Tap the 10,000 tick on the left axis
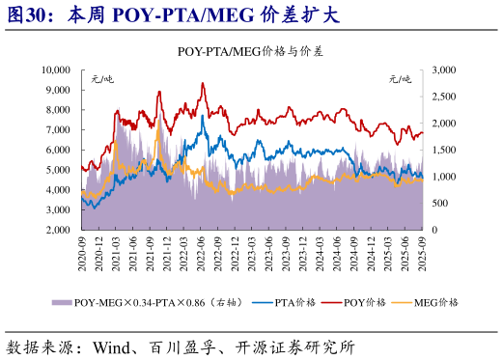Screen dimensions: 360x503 click(56, 70)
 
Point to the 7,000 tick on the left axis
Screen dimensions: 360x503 click(59, 130)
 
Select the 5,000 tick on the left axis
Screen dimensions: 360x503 click(59, 170)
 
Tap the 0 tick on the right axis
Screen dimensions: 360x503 click(434, 230)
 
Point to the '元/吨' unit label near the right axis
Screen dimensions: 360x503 click(401, 77)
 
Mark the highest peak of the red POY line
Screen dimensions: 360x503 click(202, 83)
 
